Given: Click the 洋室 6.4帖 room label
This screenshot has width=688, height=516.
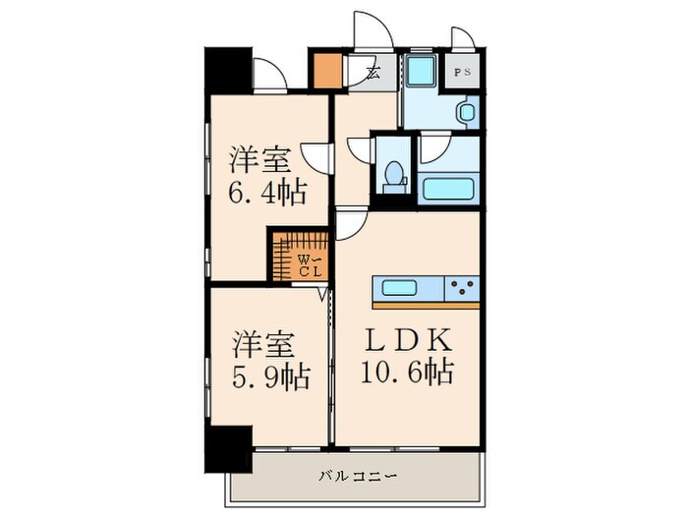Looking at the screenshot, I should tap(266, 174).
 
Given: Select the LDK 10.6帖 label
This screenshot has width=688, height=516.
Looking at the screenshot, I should tap(411, 356).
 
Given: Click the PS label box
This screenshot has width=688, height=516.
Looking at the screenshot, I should tap(461, 73).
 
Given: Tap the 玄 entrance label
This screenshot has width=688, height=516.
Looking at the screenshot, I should tap(374, 72).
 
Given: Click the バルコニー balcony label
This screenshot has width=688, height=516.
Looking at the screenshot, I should tap(358, 477).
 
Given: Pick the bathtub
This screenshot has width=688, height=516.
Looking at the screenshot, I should tap(448, 189).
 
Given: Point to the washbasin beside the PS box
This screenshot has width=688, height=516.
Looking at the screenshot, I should tap(465, 112).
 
